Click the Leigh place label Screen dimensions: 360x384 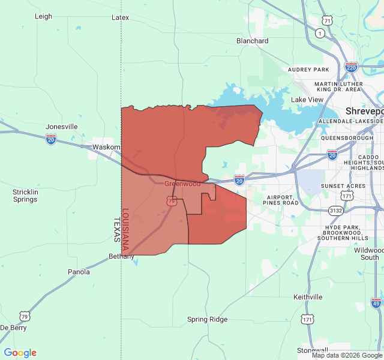point(43,17)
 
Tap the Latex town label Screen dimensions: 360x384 point(120,17)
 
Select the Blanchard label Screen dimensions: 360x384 point(252,41)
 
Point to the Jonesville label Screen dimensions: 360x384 point(62,127)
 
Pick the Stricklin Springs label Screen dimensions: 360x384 point(25,196)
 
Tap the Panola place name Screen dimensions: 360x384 point(79,272)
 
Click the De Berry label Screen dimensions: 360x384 point(13,328)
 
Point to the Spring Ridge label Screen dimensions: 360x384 point(207,319)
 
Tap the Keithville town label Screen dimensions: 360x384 point(308,297)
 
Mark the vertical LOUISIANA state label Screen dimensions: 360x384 point(125,230)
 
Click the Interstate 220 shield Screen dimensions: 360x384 point(352,67)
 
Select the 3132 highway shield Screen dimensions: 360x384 point(335,211)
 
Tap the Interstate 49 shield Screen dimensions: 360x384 point(376,304)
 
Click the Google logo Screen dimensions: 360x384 point(20,353)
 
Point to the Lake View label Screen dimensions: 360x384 point(307,100)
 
